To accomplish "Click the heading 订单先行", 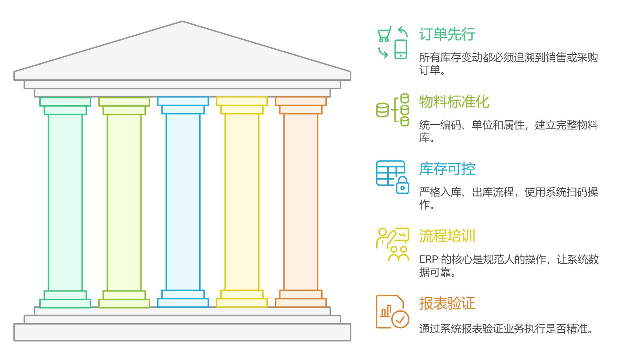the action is click(x=447, y=34).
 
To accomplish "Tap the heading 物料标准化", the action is click(x=454, y=102).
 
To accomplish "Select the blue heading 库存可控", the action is click(x=447, y=169).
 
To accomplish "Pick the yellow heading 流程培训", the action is click(x=447, y=236).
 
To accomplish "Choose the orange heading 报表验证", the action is click(x=447, y=303).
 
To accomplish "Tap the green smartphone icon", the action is click(x=401, y=49).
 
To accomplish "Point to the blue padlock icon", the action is click(x=402, y=185).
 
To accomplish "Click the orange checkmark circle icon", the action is click(x=400, y=319).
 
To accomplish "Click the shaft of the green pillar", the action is click(x=65, y=202).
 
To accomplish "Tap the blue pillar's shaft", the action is click(x=183, y=202).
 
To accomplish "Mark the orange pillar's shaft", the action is click(x=301, y=202).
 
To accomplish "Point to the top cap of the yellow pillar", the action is click(x=242, y=101).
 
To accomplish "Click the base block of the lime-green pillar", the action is click(x=124, y=303).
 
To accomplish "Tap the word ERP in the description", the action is click(x=428, y=260).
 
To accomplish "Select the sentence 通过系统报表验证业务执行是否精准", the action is click(x=505, y=329).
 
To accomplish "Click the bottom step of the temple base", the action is click(x=182, y=332).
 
